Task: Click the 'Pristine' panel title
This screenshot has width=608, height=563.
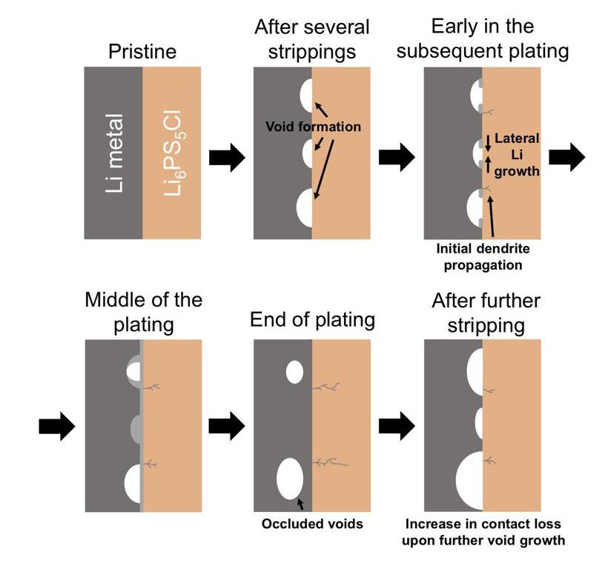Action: pos(142,52)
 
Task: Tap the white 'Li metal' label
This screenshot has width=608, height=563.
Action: pos(115,153)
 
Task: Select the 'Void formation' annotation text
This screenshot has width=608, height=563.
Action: pos(313,127)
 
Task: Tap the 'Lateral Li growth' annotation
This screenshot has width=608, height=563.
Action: pos(517,155)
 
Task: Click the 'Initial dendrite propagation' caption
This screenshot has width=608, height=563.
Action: pos(483,256)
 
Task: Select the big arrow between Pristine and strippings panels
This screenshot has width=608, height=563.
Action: pos(227,157)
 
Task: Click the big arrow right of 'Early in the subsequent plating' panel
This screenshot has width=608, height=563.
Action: pos(567,156)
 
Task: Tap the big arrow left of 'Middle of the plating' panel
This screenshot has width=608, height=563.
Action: pos(57,426)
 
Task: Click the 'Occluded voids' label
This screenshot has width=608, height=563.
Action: pos(312,524)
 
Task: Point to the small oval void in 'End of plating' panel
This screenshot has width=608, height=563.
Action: pos(294,372)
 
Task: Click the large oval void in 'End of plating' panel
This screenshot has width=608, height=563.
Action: pos(290,479)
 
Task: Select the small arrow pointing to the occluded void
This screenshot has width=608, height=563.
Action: pos(300,504)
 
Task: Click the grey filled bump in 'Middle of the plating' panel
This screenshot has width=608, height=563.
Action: pos(136,429)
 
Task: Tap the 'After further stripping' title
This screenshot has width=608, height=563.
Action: pos(486,313)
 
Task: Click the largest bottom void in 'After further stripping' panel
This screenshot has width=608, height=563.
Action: pos(469,481)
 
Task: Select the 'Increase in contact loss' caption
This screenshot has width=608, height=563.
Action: pos(483,532)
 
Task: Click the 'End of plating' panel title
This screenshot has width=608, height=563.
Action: pos(312,320)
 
